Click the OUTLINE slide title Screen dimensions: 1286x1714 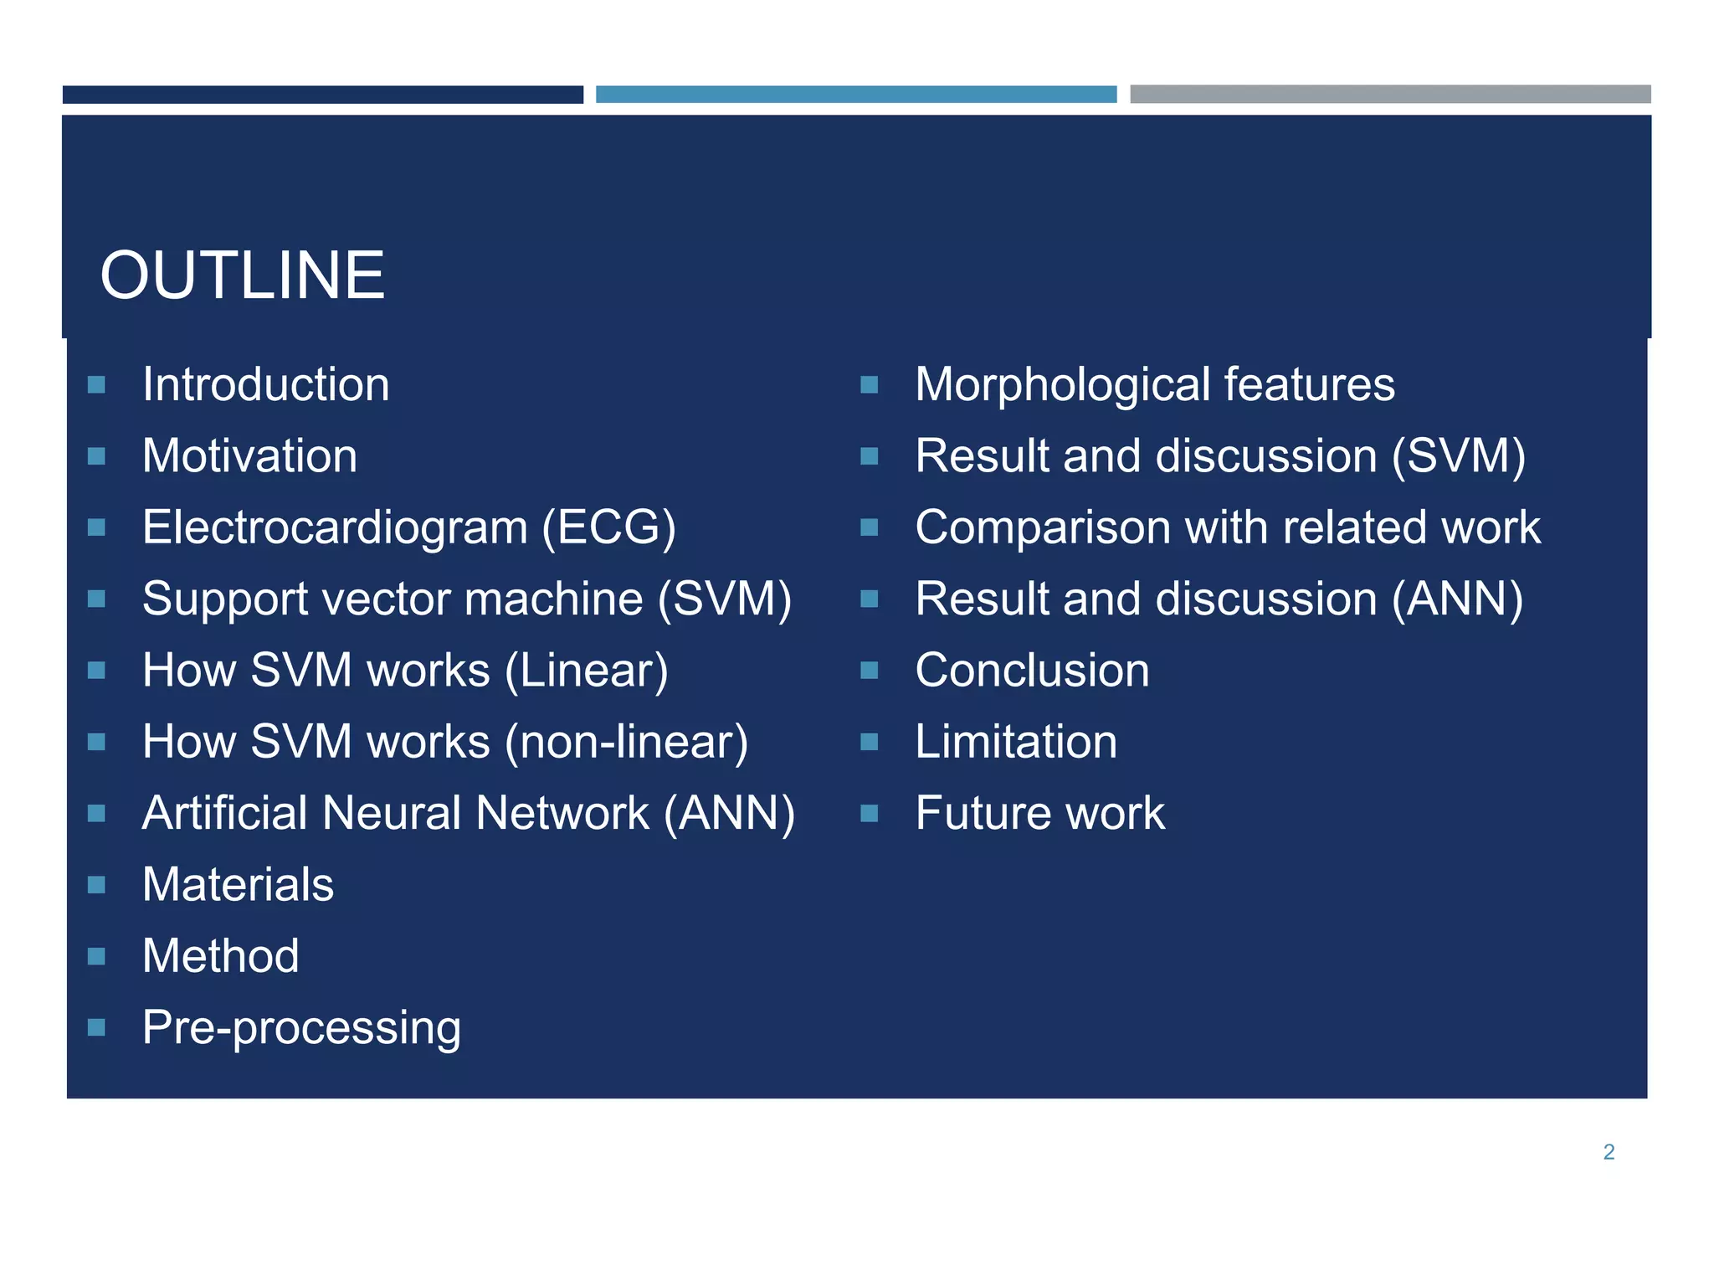click(242, 275)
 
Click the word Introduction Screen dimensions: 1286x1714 click(265, 385)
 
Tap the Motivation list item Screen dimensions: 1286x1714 click(249, 456)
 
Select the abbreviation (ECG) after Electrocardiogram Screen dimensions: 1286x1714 click(608, 528)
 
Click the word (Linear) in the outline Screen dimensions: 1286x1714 click(586, 671)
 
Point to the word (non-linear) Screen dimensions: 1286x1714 click(628, 743)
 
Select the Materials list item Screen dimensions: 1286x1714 click(238, 885)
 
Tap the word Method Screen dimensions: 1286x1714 click(220, 956)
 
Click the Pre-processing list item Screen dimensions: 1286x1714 click(301, 1028)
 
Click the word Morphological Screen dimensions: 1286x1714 click(1062, 385)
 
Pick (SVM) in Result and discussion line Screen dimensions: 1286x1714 click(1458, 457)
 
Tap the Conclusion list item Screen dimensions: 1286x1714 click(1032, 671)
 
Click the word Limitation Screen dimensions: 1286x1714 click(1016, 743)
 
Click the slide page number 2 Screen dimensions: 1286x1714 click(1608, 1152)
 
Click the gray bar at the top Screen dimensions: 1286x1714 click(1389, 94)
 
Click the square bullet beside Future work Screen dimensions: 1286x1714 click(869, 813)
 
